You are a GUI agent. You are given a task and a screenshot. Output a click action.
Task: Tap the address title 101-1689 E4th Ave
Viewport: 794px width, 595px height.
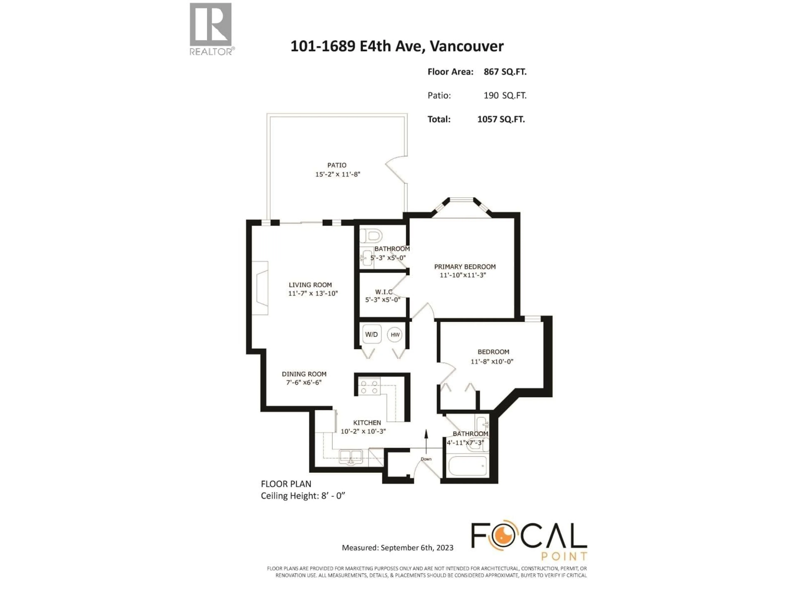click(396, 46)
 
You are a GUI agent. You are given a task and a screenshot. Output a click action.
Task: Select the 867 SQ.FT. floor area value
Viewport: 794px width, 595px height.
click(505, 72)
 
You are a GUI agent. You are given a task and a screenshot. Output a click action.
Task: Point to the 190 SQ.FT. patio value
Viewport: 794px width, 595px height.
click(505, 95)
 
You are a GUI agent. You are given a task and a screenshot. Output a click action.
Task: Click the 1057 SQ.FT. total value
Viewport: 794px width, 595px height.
click(501, 119)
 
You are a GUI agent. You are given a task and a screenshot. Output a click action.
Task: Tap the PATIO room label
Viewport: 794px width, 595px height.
click(337, 165)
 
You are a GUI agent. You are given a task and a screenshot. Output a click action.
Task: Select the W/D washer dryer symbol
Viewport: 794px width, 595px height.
click(372, 334)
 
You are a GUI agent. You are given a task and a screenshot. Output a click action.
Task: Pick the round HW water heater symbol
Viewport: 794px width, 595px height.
click(395, 335)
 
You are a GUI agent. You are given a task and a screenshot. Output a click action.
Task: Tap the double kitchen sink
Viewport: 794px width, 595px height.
click(351, 457)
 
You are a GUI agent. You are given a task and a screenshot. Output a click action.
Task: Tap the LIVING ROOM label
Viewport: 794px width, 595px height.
click(310, 285)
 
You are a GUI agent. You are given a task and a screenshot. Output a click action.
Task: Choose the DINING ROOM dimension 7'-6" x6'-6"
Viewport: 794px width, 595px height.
click(304, 383)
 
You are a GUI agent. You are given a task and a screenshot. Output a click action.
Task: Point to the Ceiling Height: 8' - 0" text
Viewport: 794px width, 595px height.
click(303, 496)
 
